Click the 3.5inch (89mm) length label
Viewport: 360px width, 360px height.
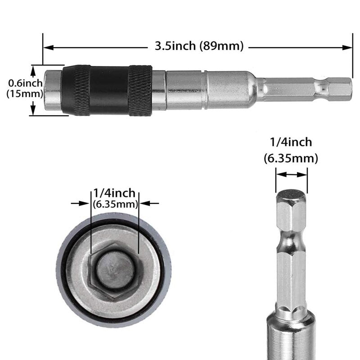(199, 46)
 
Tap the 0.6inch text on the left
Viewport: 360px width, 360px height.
(26, 83)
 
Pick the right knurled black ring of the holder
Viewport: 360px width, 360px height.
(140, 90)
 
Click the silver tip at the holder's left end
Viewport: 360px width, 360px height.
(53, 90)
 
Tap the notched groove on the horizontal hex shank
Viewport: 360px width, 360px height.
(322, 88)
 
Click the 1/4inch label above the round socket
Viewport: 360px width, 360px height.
(114, 193)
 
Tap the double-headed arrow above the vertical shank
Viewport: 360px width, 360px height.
(291, 175)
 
